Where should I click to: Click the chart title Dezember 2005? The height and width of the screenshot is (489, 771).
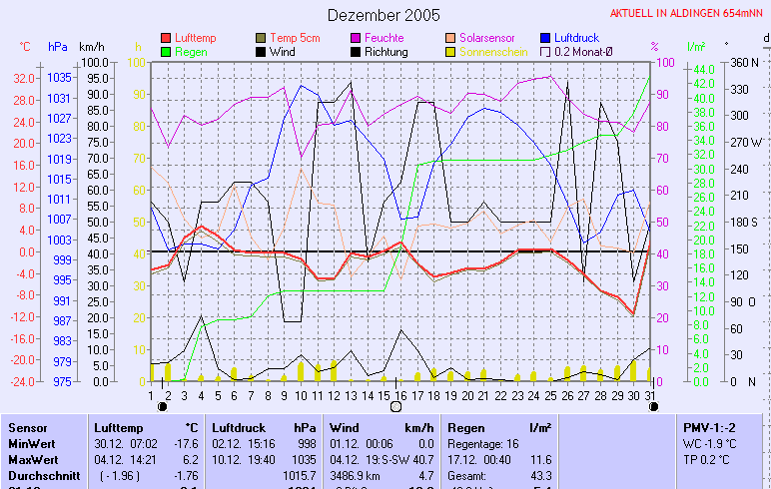384,15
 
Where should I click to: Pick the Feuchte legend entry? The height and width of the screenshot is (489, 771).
385,38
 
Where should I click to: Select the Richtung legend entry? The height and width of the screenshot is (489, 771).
385,51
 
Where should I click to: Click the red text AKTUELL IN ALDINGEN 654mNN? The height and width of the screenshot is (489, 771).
688,14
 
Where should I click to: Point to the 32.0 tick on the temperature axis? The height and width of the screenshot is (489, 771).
25,78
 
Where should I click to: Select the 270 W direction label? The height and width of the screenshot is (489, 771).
746,142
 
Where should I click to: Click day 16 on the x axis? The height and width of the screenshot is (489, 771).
399,394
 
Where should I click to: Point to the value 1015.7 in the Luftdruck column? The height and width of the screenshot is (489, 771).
302,475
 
